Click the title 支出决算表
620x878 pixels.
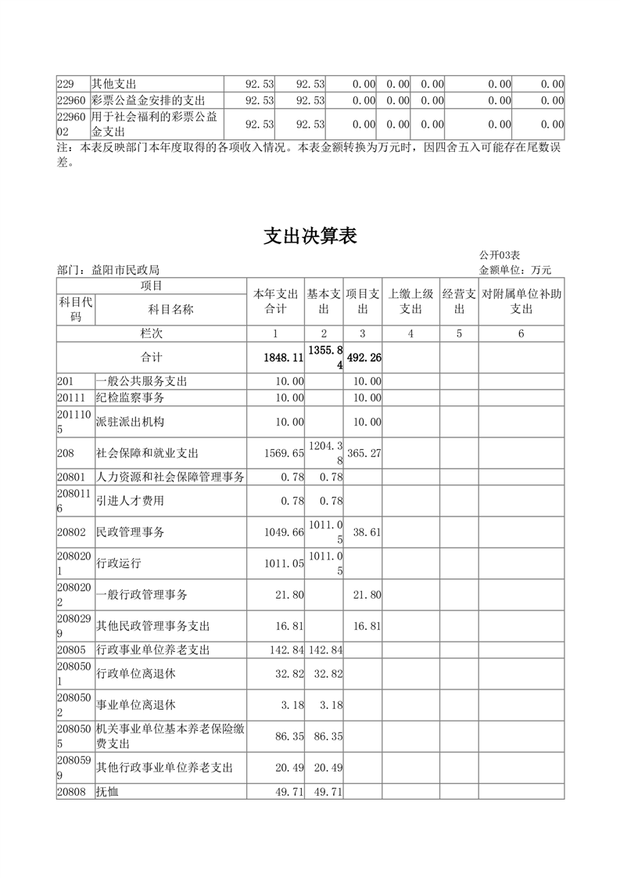coord(310,236)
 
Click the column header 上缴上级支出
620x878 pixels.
coord(410,302)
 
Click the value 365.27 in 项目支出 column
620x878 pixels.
coord(364,453)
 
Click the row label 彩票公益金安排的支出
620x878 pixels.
coord(148,100)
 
